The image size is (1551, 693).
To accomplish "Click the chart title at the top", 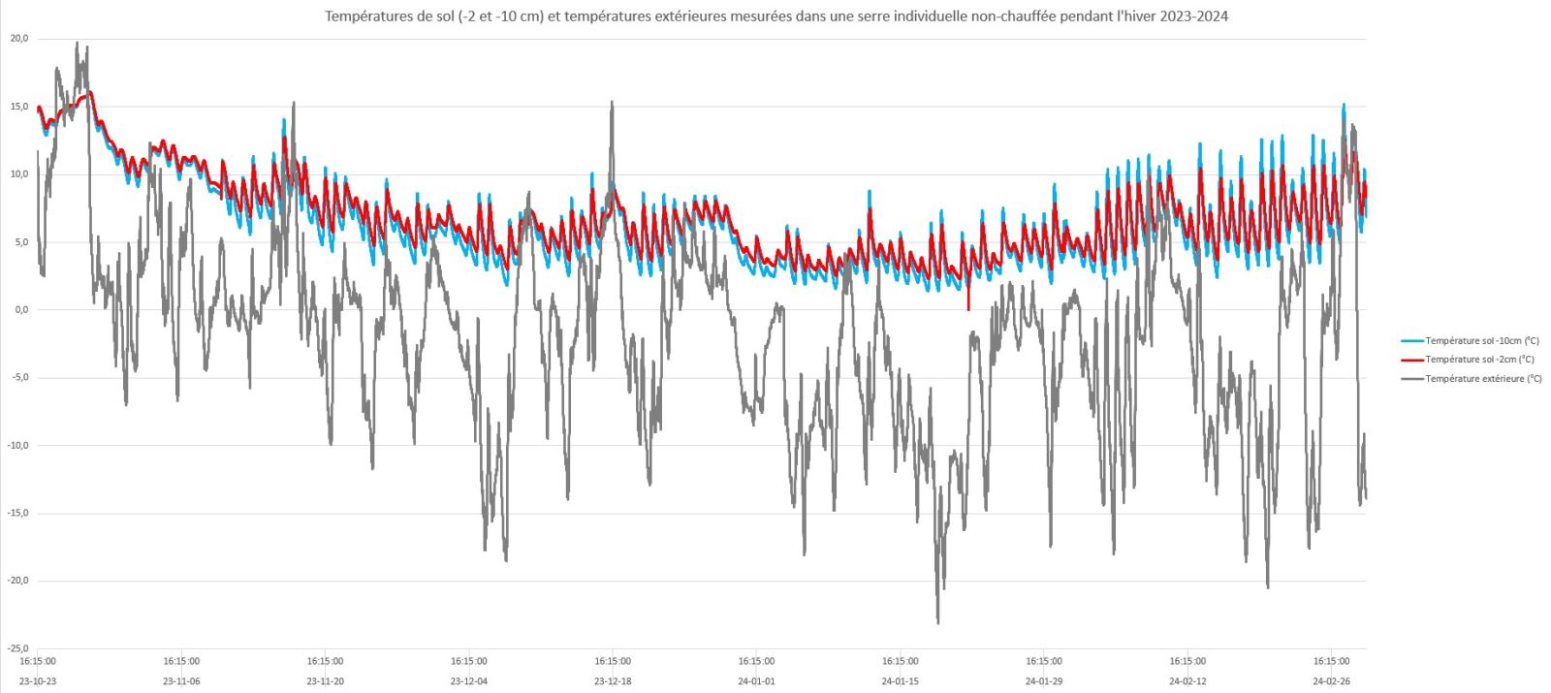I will (x=775, y=16).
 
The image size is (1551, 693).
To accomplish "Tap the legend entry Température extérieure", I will (x=1483, y=378).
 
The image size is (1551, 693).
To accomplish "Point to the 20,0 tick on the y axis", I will (x=19, y=39).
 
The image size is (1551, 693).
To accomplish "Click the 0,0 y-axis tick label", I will (x=21, y=310).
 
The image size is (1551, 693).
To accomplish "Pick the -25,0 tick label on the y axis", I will (x=18, y=648).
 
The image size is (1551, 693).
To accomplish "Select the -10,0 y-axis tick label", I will (x=18, y=446).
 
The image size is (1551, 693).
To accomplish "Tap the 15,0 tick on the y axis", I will (x=19, y=107).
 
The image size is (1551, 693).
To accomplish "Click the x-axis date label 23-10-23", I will (x=39, y=681).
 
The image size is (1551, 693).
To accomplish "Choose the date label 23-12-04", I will (x=469, y=681).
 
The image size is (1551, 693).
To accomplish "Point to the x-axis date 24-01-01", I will (x=756, y=681).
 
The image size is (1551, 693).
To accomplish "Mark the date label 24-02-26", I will (x=1331, y=681).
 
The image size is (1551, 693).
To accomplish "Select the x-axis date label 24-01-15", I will (x=901, y=681).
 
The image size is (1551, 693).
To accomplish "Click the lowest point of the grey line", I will (x=937, y=622).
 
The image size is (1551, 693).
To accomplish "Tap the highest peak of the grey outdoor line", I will (x=78, y=43).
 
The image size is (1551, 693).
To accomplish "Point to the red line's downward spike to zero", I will (x=968, y=308).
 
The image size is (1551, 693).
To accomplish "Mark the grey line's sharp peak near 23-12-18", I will (x=612, y=102).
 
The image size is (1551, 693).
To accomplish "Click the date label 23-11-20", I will (x=325, y=681).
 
